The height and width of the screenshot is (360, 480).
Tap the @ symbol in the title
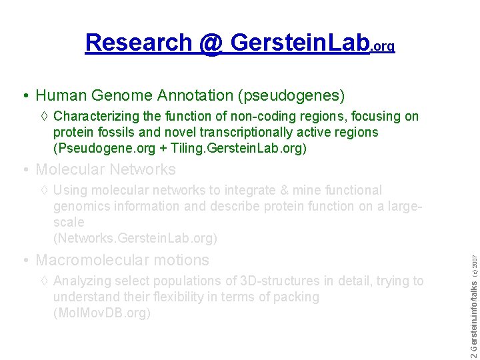click(210, 43)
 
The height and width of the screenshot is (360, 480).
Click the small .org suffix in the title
click(383, 47)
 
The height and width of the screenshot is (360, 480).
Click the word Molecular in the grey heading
click(70, 169)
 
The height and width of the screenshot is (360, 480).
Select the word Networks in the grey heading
click(143, 169)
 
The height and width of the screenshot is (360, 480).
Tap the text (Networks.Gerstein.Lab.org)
click(135, 238)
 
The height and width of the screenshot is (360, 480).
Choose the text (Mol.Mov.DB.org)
click(102, 313)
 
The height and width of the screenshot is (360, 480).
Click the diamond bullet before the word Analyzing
click(44, 281)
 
